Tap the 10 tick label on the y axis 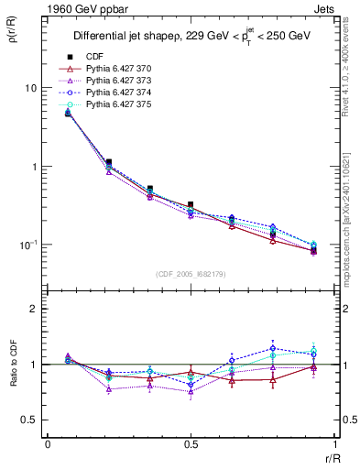click(x=30, y=89)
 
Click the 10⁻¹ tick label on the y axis click(x=27, y=245)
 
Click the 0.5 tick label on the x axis click(x=191, y=444)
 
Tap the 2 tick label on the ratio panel click(x=34, y=310)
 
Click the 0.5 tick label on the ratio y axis click(x=29, y=420)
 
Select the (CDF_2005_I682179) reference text click(x=191, y=274)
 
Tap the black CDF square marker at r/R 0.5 click(x=191, y=205)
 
